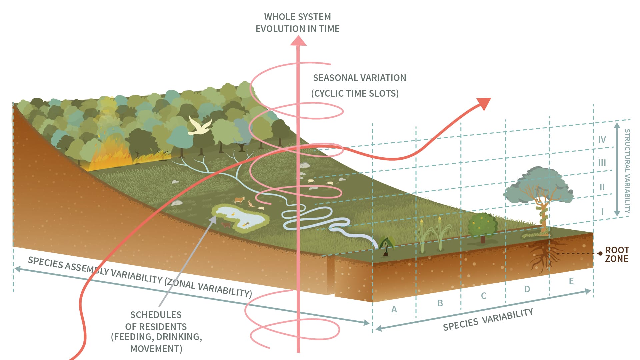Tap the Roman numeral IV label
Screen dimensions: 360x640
point(602,139)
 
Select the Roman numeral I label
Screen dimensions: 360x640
point(602,212)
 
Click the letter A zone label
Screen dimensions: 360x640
point(394,309)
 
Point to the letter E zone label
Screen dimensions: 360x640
point(571,281)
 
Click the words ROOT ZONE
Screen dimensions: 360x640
point(617,254)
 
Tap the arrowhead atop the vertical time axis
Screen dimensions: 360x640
point(298,40)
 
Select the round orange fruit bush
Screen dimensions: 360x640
point(482,225)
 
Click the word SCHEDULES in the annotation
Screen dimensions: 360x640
point(156,315)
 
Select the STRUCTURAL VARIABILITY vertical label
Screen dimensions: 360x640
point(627,171)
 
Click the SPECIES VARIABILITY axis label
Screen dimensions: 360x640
point(488,319)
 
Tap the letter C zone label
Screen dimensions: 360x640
point(483,296)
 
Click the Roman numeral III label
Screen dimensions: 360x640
point(602,163)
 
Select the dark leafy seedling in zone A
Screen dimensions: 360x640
point(386,246)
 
